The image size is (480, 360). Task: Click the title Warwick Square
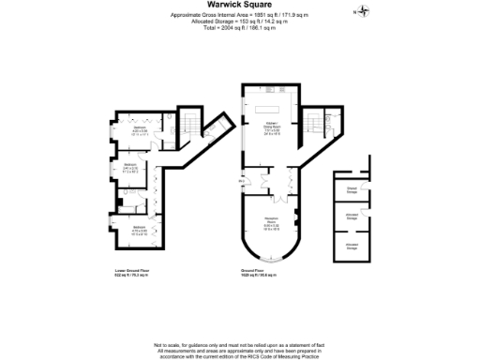239,4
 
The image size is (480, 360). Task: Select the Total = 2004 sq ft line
240,29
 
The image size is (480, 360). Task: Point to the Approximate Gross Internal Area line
240,15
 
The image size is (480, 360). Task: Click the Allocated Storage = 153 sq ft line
240,22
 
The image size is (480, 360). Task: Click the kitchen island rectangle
269,109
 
